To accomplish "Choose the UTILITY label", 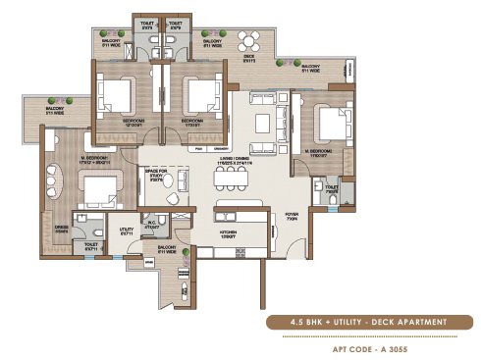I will click(126, 231).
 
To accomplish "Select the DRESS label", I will click(59, 231).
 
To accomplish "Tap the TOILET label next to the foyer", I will click(331, 187).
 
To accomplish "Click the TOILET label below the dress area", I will click(90, 246).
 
